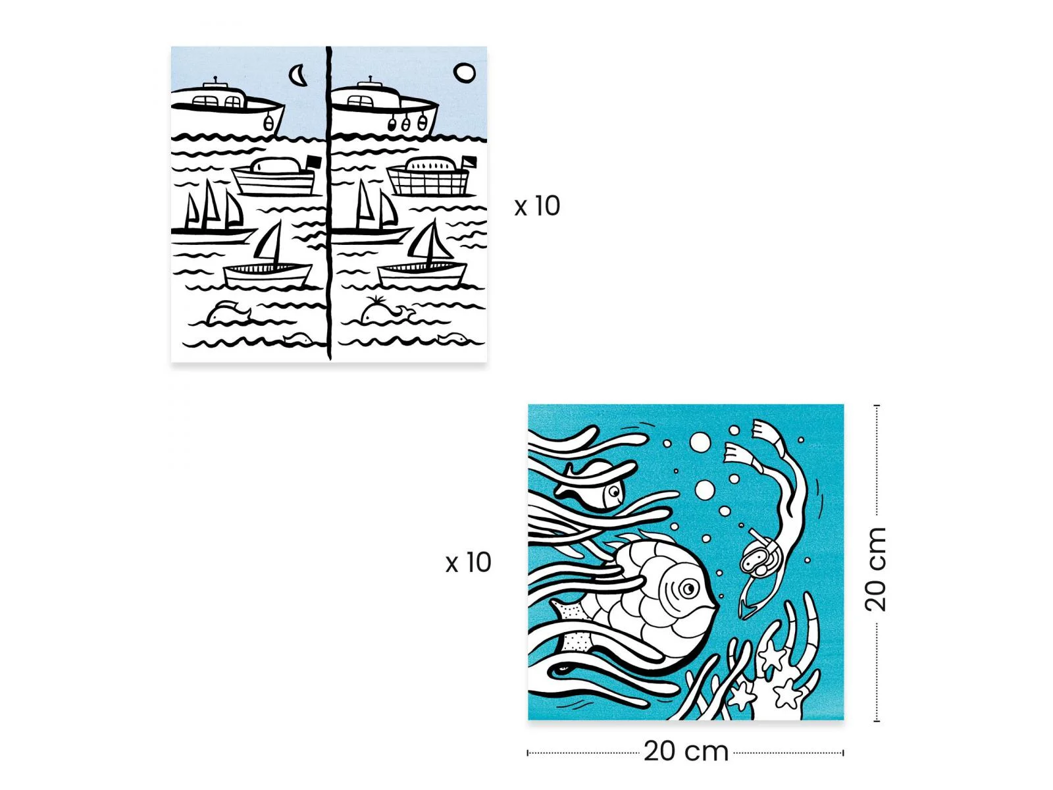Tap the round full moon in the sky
[464, 73]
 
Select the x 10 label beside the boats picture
[537, 206]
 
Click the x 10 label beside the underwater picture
[468, 562]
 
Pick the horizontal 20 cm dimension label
[686, 751]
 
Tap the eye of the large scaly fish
[688, 588]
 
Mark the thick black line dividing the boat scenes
[328, 203]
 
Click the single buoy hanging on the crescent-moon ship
[268, 123]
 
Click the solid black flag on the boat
[313, 162]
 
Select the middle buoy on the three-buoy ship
[406, 124]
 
